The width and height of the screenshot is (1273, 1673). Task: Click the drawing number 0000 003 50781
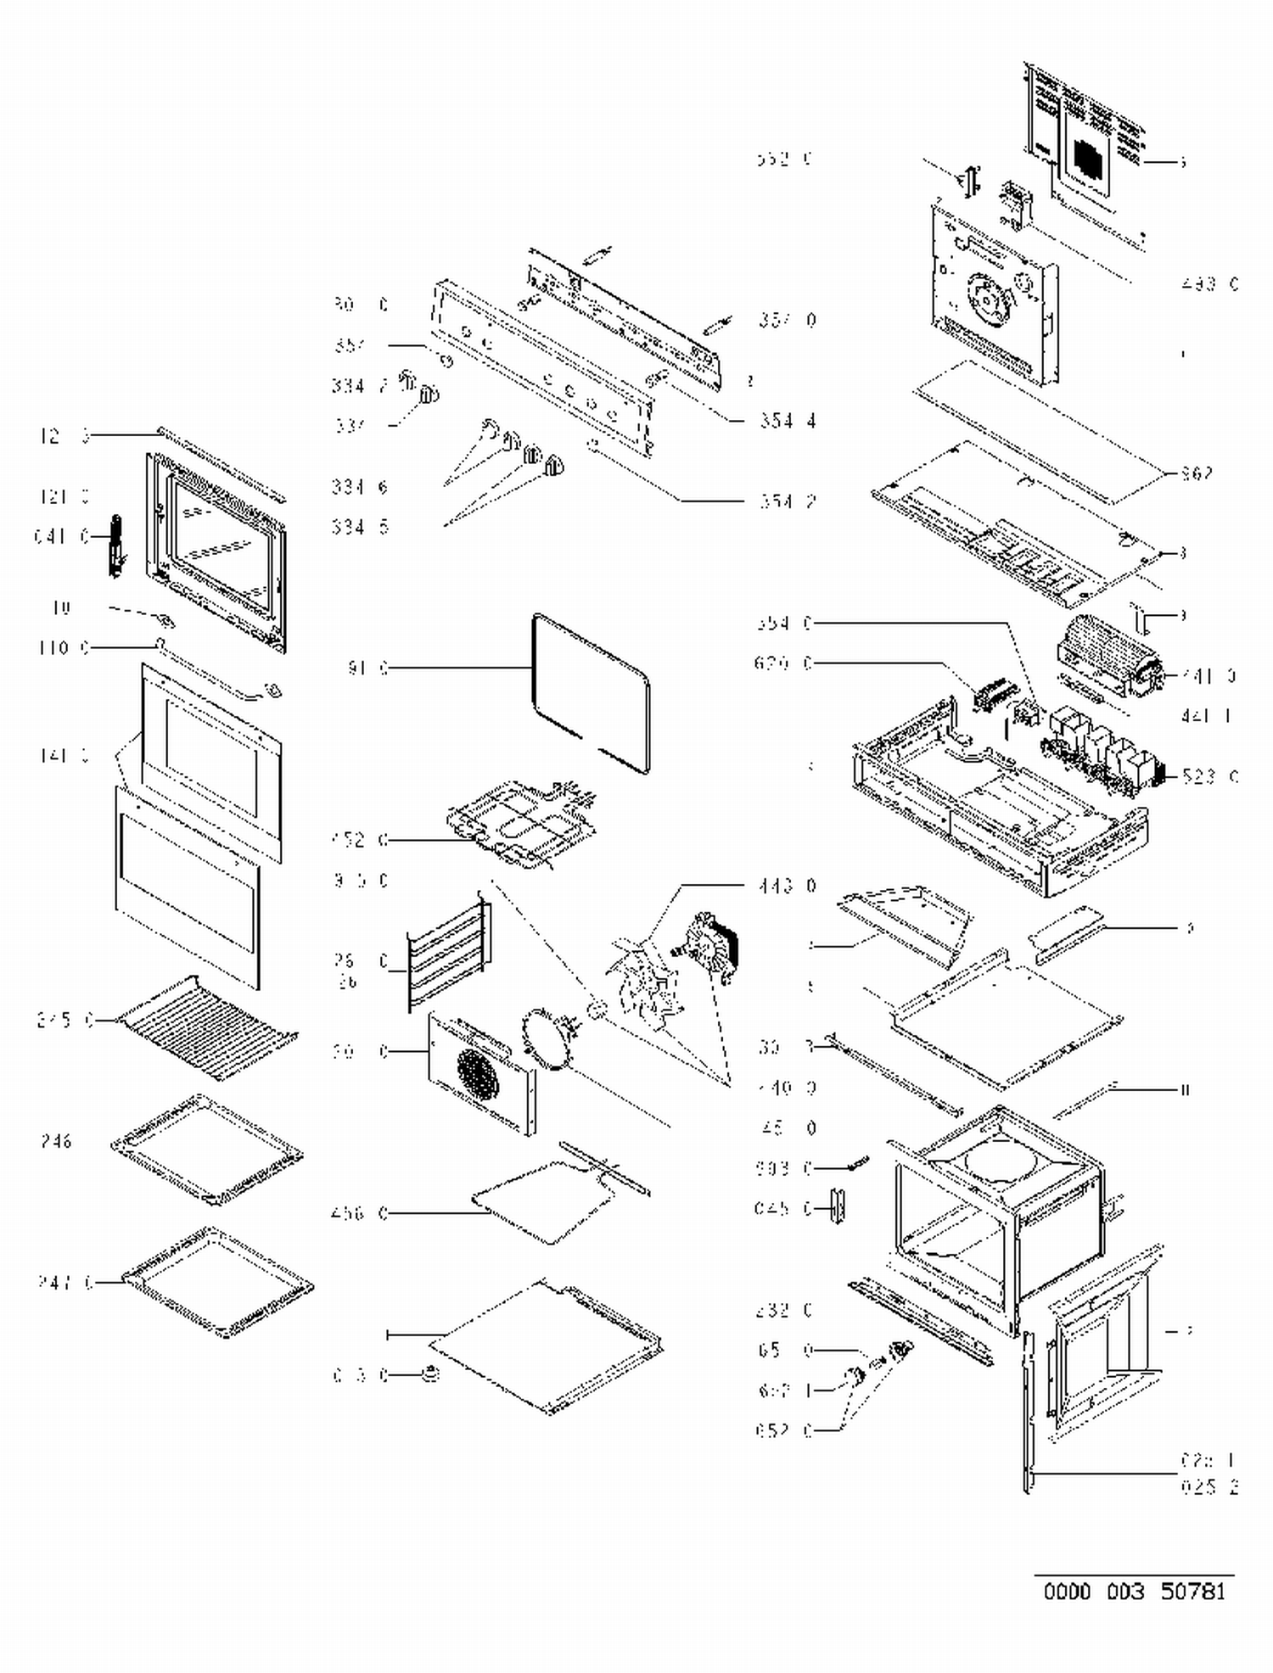[1135, 1591]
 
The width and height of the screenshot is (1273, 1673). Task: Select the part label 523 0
[1209, 775]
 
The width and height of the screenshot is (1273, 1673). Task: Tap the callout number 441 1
[1206, 716]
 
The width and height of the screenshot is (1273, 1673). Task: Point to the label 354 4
[788, 421]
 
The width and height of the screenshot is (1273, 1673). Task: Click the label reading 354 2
[788, 501]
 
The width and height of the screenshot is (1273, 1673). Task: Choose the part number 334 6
[360, 487]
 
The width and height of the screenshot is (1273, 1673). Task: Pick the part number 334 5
[360, 527]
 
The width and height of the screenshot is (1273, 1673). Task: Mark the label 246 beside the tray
[57, 1141]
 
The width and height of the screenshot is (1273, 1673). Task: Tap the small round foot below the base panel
[430, 1374]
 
